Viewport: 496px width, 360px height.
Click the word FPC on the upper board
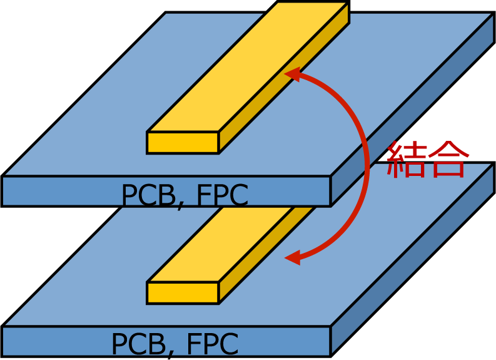223,195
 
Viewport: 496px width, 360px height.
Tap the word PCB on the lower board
138,344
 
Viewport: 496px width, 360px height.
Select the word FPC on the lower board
213,344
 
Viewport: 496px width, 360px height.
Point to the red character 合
446,160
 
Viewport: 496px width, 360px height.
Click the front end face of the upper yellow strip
183,143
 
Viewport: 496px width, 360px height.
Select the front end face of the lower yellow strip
183,293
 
